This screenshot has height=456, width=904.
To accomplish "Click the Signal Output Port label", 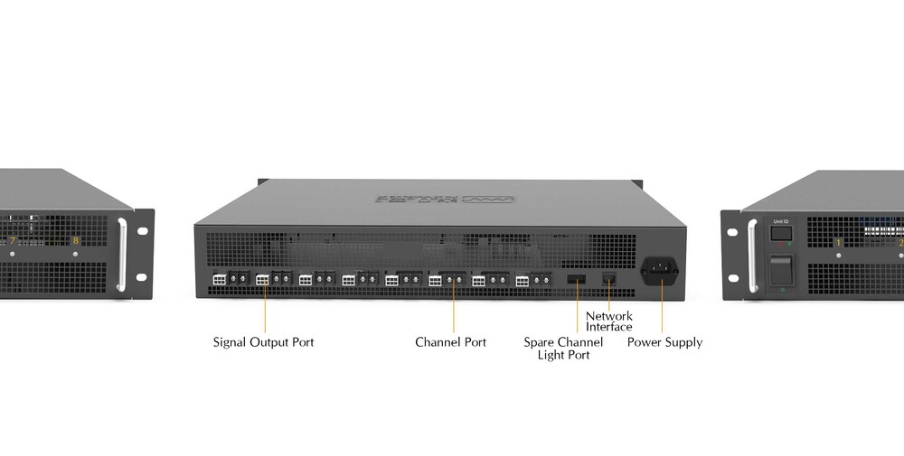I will pyautogui.click(x=263, y=342).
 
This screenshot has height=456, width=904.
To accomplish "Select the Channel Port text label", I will pyautogui.click(x=450, y=342).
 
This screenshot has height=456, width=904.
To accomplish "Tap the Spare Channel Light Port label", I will pyautogui.click(x=563, y=349).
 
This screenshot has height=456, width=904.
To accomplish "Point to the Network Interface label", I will pyautogui.click(x=608, y=321).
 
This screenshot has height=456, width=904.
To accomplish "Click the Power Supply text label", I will pyautogui.click(x=664, y=342).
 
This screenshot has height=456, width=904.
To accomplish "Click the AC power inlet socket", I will pyautogui.click(x=660, y=269).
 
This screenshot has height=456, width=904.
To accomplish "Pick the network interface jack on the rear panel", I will pyautogui.click(x=608, y=278).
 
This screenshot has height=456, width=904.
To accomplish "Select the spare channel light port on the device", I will pyautogui.click(x=576, y=278).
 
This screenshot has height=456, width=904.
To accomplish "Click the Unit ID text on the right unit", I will pyautogui.click(x=780, y=220).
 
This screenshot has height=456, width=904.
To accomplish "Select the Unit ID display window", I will pyautogui.click(x=780, y=235).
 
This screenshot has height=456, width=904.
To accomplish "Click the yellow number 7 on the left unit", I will pyautogui.click(x=12, y=240).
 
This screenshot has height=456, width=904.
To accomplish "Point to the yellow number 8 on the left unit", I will pyautogui.click(x=76, y=240).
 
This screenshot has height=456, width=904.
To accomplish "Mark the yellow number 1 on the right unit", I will pyautogui.click(x=838, y=242).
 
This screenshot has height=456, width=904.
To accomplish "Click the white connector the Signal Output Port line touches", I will pyautogui.click(x=263, y=280).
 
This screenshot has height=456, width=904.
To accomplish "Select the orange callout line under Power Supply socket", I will pyautogui.click(x=662, y=309).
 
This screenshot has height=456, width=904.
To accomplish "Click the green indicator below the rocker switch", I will pyautogui.click(x=781, y=290).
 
